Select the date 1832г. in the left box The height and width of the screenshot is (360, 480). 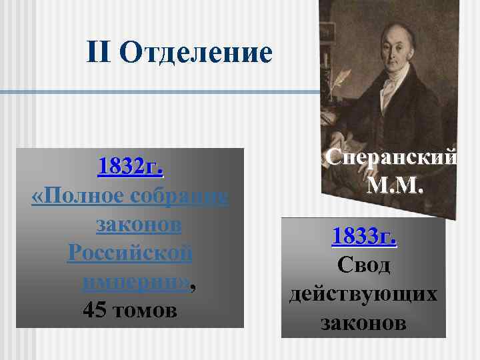(131, 167)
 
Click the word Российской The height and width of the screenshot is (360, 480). (130, 254)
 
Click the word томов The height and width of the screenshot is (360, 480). (145, 311)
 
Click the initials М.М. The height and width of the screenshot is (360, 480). (393, 185)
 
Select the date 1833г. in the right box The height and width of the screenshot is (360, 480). (364, 236)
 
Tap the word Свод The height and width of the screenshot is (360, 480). (363, 265)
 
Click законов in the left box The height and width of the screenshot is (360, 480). (139, 225)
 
